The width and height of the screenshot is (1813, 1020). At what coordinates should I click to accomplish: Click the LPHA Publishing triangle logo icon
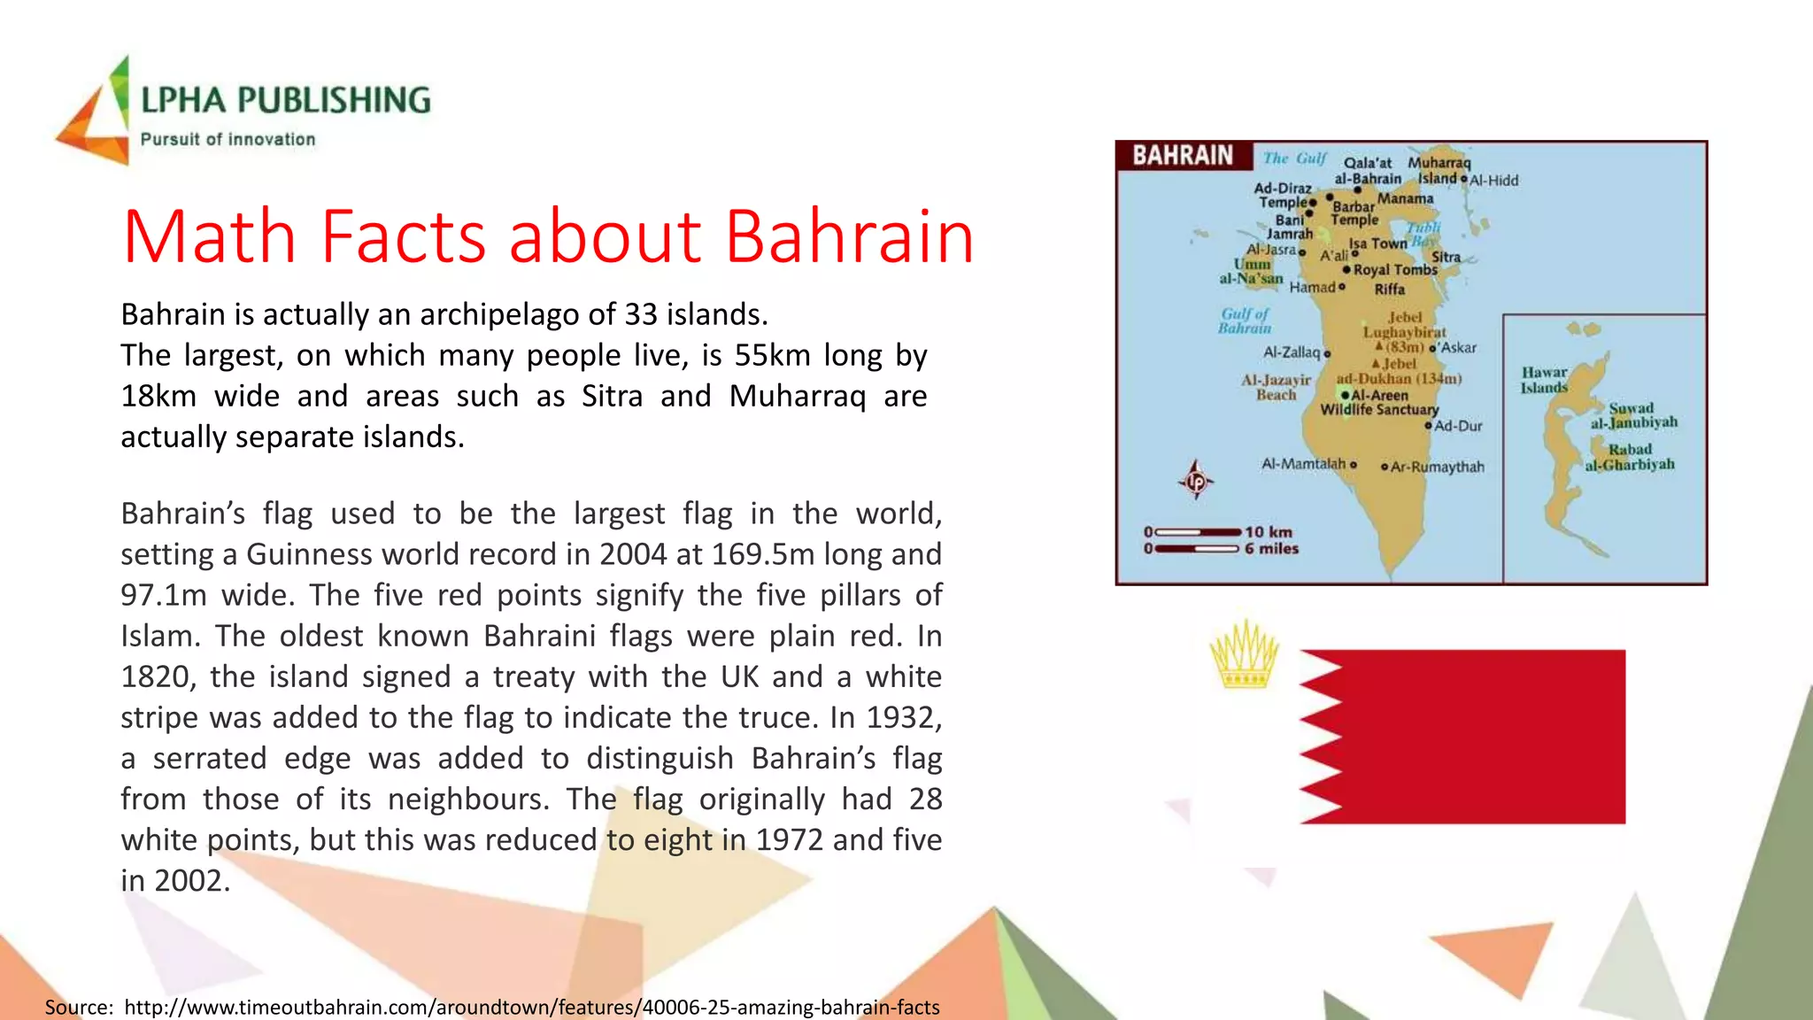coord(96,113)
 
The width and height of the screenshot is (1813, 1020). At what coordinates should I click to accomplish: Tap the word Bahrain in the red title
coord(849,237)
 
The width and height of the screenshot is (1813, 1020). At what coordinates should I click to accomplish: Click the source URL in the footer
coord(531,1008)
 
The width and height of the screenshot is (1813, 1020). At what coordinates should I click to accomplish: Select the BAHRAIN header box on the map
coord(1184,156)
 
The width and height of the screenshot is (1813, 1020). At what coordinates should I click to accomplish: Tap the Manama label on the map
coord(1405,199)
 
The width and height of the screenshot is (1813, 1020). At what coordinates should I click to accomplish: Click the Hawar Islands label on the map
coord(1544,380)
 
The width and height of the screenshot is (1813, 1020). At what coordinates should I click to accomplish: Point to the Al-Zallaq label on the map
coord(1292,352)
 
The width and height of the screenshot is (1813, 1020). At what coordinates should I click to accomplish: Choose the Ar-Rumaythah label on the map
coord(1437,467)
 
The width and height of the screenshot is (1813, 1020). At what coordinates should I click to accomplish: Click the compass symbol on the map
coord(1196,481)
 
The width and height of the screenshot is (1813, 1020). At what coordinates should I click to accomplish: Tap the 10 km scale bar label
coord(1269,532)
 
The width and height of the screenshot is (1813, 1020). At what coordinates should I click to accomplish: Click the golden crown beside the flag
coord(1245,654)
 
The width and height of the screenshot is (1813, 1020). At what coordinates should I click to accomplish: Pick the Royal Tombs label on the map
coord(1395,270)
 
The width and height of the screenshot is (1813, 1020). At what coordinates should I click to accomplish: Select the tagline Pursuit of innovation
coord(228,140)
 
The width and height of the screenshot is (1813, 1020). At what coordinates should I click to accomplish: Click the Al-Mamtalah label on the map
coord(1303,464)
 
